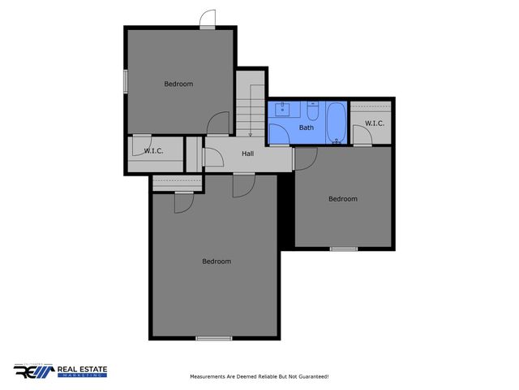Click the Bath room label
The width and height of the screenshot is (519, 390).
coord(307,128)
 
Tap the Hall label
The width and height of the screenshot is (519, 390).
coord(249,154)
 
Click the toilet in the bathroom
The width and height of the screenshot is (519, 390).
coord(312,107)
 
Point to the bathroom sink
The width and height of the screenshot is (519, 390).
coord(281,110)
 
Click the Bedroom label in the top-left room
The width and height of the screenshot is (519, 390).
coord(178,84)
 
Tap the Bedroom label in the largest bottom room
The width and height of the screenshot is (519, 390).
coord(217,261)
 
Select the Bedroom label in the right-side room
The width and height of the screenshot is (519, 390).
coord(342,198)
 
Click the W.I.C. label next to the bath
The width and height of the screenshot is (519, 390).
coord(374,123)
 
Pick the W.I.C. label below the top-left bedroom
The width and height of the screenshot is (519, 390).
coord(154,151)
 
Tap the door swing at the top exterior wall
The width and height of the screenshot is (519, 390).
coord(208,18)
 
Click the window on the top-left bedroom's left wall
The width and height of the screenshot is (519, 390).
coord(125,81)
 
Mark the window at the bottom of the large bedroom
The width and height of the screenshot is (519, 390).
coord(214,338)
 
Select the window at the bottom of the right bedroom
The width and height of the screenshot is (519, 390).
coord(344,248)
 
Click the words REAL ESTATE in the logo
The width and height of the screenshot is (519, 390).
coord(82,370)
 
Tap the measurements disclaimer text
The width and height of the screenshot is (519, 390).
coord(259,376)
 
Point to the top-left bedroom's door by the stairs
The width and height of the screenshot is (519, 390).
coord(219,123)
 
